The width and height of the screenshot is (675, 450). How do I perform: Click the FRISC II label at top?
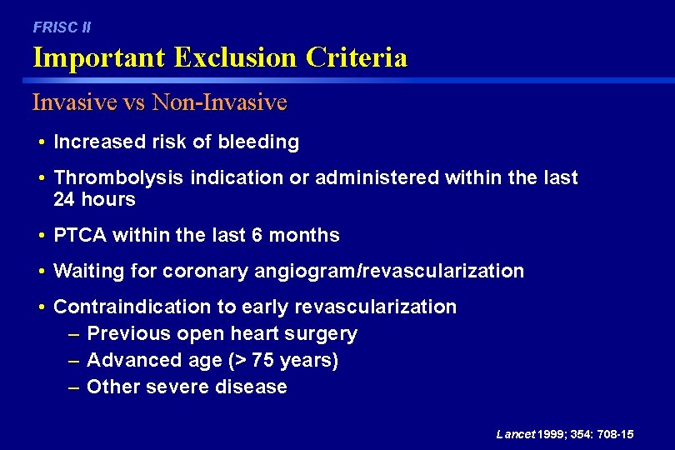click(x=62, y=27)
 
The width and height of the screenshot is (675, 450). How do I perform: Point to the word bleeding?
click(x=258, y=142)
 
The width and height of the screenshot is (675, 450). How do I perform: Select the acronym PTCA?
click(x=82, y=236)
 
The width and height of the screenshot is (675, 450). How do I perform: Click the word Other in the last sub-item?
click(x=110, y=387)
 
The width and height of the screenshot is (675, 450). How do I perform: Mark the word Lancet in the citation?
click(x=515, y=435)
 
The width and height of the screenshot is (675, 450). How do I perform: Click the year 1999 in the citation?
click(x=552, y=435)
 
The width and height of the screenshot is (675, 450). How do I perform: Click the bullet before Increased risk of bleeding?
click(x=42, y=142)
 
